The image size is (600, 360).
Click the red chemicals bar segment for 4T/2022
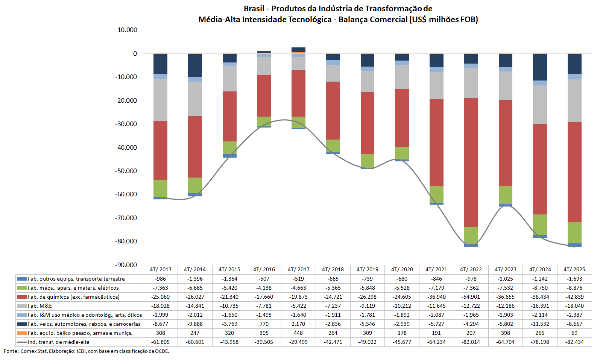click(x=471, y=163)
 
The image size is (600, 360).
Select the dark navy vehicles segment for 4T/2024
click(x=540, y=67)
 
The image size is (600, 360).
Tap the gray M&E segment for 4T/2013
click(x=160, y=100)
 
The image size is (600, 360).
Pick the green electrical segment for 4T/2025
click(x=574, y=233)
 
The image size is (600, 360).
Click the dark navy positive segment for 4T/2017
click(x=298, y=50)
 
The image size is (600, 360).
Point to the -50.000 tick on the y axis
click(x=126, y=171)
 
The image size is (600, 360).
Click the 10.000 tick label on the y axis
click(x=127, y=30)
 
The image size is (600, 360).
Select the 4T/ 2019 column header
click(x=367, y=269)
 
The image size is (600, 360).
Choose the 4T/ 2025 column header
click(x=574, y=269)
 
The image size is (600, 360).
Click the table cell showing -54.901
click(x=471, y=297)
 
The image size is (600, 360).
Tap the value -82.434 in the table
click(x=574, y=342)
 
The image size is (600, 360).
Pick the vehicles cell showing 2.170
click(x=298, y=324)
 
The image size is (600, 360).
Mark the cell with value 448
click(x=298, y=333)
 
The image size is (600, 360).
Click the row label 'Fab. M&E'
click(x=40, y=306)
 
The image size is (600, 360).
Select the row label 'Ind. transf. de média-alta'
click(x=59, y=342)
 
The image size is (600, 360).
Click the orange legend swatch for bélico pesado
click(x=22, y=333)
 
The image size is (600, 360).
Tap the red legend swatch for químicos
click(x=22, y=297)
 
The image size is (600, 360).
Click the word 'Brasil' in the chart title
click(x=254, y=9)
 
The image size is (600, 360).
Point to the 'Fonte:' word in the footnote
click(x=11, y=351)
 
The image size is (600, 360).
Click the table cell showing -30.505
click(x=264, y=342)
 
